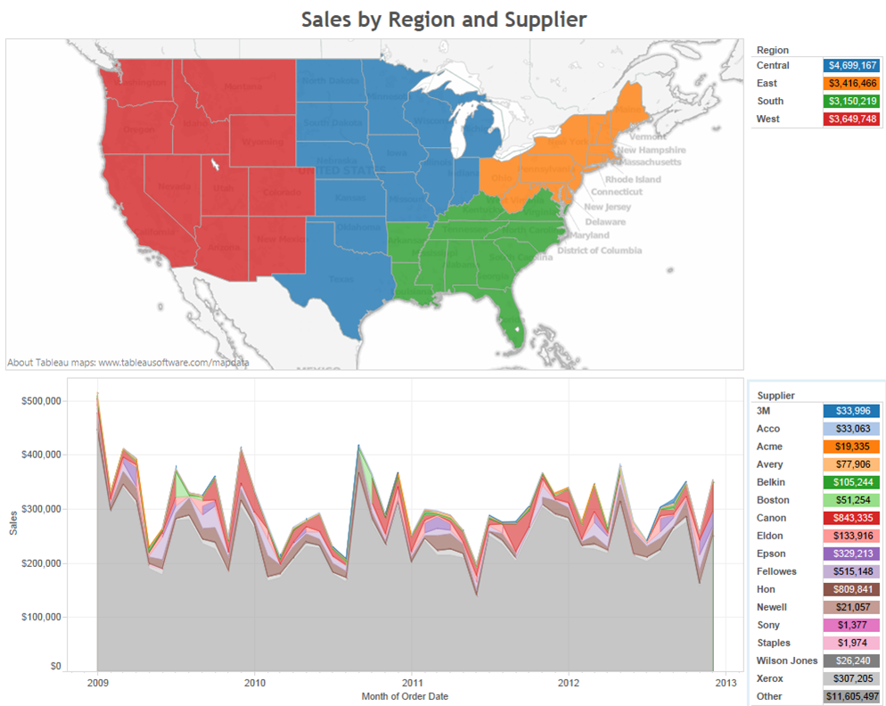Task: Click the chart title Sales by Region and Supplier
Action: point(443,19)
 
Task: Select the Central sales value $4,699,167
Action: point(852,65)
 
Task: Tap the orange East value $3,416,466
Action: point(852,83)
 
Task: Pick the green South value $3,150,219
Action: point(852,101)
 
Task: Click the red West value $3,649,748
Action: point(852,119)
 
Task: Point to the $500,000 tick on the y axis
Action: point(41,400)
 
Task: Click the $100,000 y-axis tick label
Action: point(41,617)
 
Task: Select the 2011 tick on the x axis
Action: point(411,683)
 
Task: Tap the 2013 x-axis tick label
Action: point(726,683)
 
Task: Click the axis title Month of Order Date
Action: point(405,696)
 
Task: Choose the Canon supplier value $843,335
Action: point(852,518)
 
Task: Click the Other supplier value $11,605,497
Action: point(852,696)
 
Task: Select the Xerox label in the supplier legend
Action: point(770,678)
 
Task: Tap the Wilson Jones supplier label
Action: point(786,661)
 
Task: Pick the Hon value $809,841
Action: point(852,589)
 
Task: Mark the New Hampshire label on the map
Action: point(650,151)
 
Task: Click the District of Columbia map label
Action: point(599,250)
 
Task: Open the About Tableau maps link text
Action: point(127,363)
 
